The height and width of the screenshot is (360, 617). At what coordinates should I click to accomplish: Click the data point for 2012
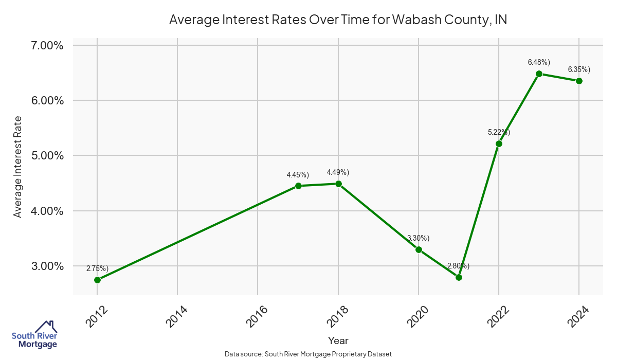pyautogui.click(x=97, y=280)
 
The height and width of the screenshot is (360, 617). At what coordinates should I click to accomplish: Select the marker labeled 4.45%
pyautogui.click(x=298, y=186)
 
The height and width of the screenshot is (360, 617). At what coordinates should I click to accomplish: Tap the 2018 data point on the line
pyautogui.click(x=338, y=184)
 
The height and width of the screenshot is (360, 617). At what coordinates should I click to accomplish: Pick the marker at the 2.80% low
pyautogui.click(x=459, y=277)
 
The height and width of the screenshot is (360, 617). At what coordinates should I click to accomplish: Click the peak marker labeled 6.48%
pyautogui.click(x=539, y=74)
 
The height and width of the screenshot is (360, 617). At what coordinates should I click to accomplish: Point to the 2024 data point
pyautogui.click(x=579, y=81)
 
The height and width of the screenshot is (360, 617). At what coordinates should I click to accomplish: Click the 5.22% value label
pyautogui.click(x=499, y=132)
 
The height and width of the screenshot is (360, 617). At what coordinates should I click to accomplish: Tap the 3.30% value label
pyautogui.click(x=418, y=238)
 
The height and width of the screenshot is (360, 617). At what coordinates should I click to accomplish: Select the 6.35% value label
pyautogui.click(x=579, y=69)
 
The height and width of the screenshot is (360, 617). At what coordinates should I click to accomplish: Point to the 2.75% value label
pyautogui.click(x=97, y=268)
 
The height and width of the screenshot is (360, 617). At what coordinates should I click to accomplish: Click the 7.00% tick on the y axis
pyautogui.click(x=47, y=46)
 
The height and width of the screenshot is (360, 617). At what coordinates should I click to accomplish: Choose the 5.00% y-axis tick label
pyautogui.click(x=47, y=156)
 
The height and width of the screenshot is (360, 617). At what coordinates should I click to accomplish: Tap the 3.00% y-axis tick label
pyautogui.click(x=47, y=266)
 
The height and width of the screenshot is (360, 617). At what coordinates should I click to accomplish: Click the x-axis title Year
pyautogui.click(x=338, y=340)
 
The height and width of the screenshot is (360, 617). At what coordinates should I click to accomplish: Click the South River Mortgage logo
pyautogui.click(x=34, y=335)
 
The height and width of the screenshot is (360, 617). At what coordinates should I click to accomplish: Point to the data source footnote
pyautogui.click(x=308, y=354)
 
